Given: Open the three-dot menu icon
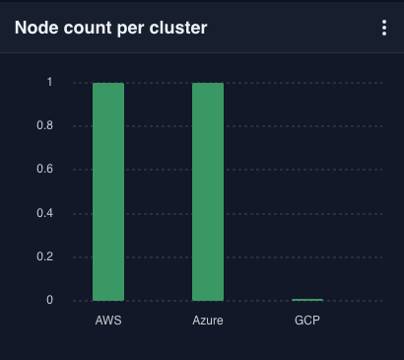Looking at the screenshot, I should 384,28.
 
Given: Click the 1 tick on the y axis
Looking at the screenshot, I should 50,83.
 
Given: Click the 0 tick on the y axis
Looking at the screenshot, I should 49,300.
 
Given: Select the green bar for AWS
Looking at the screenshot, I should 108,191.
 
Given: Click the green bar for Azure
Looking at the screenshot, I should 208,191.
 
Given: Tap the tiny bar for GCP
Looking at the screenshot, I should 307,299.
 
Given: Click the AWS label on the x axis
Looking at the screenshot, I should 108,322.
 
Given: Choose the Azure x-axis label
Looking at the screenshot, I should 208,322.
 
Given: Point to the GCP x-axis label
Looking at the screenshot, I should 307,322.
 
